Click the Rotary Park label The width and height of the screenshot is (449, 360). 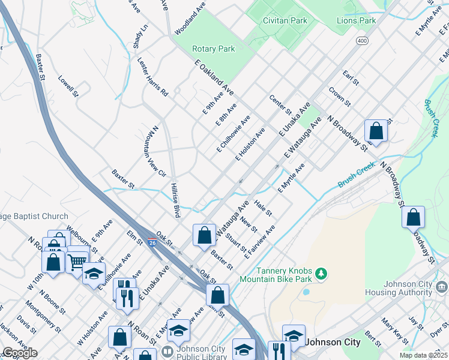point(213,49)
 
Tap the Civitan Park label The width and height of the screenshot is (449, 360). point(285,20)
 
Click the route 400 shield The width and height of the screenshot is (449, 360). point(361,40)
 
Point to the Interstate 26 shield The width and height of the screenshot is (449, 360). point(153,242)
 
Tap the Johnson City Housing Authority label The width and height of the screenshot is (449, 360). point(398,288)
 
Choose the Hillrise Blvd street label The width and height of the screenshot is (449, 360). point(175,200)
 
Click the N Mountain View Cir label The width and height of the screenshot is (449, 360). point(154,151)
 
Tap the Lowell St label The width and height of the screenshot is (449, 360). point(68,86)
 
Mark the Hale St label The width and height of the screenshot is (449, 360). point(264,208)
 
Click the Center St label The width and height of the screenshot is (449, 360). point(280,105)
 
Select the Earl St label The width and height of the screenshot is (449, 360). point(351,77)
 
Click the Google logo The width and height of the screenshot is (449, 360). point(20,353)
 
